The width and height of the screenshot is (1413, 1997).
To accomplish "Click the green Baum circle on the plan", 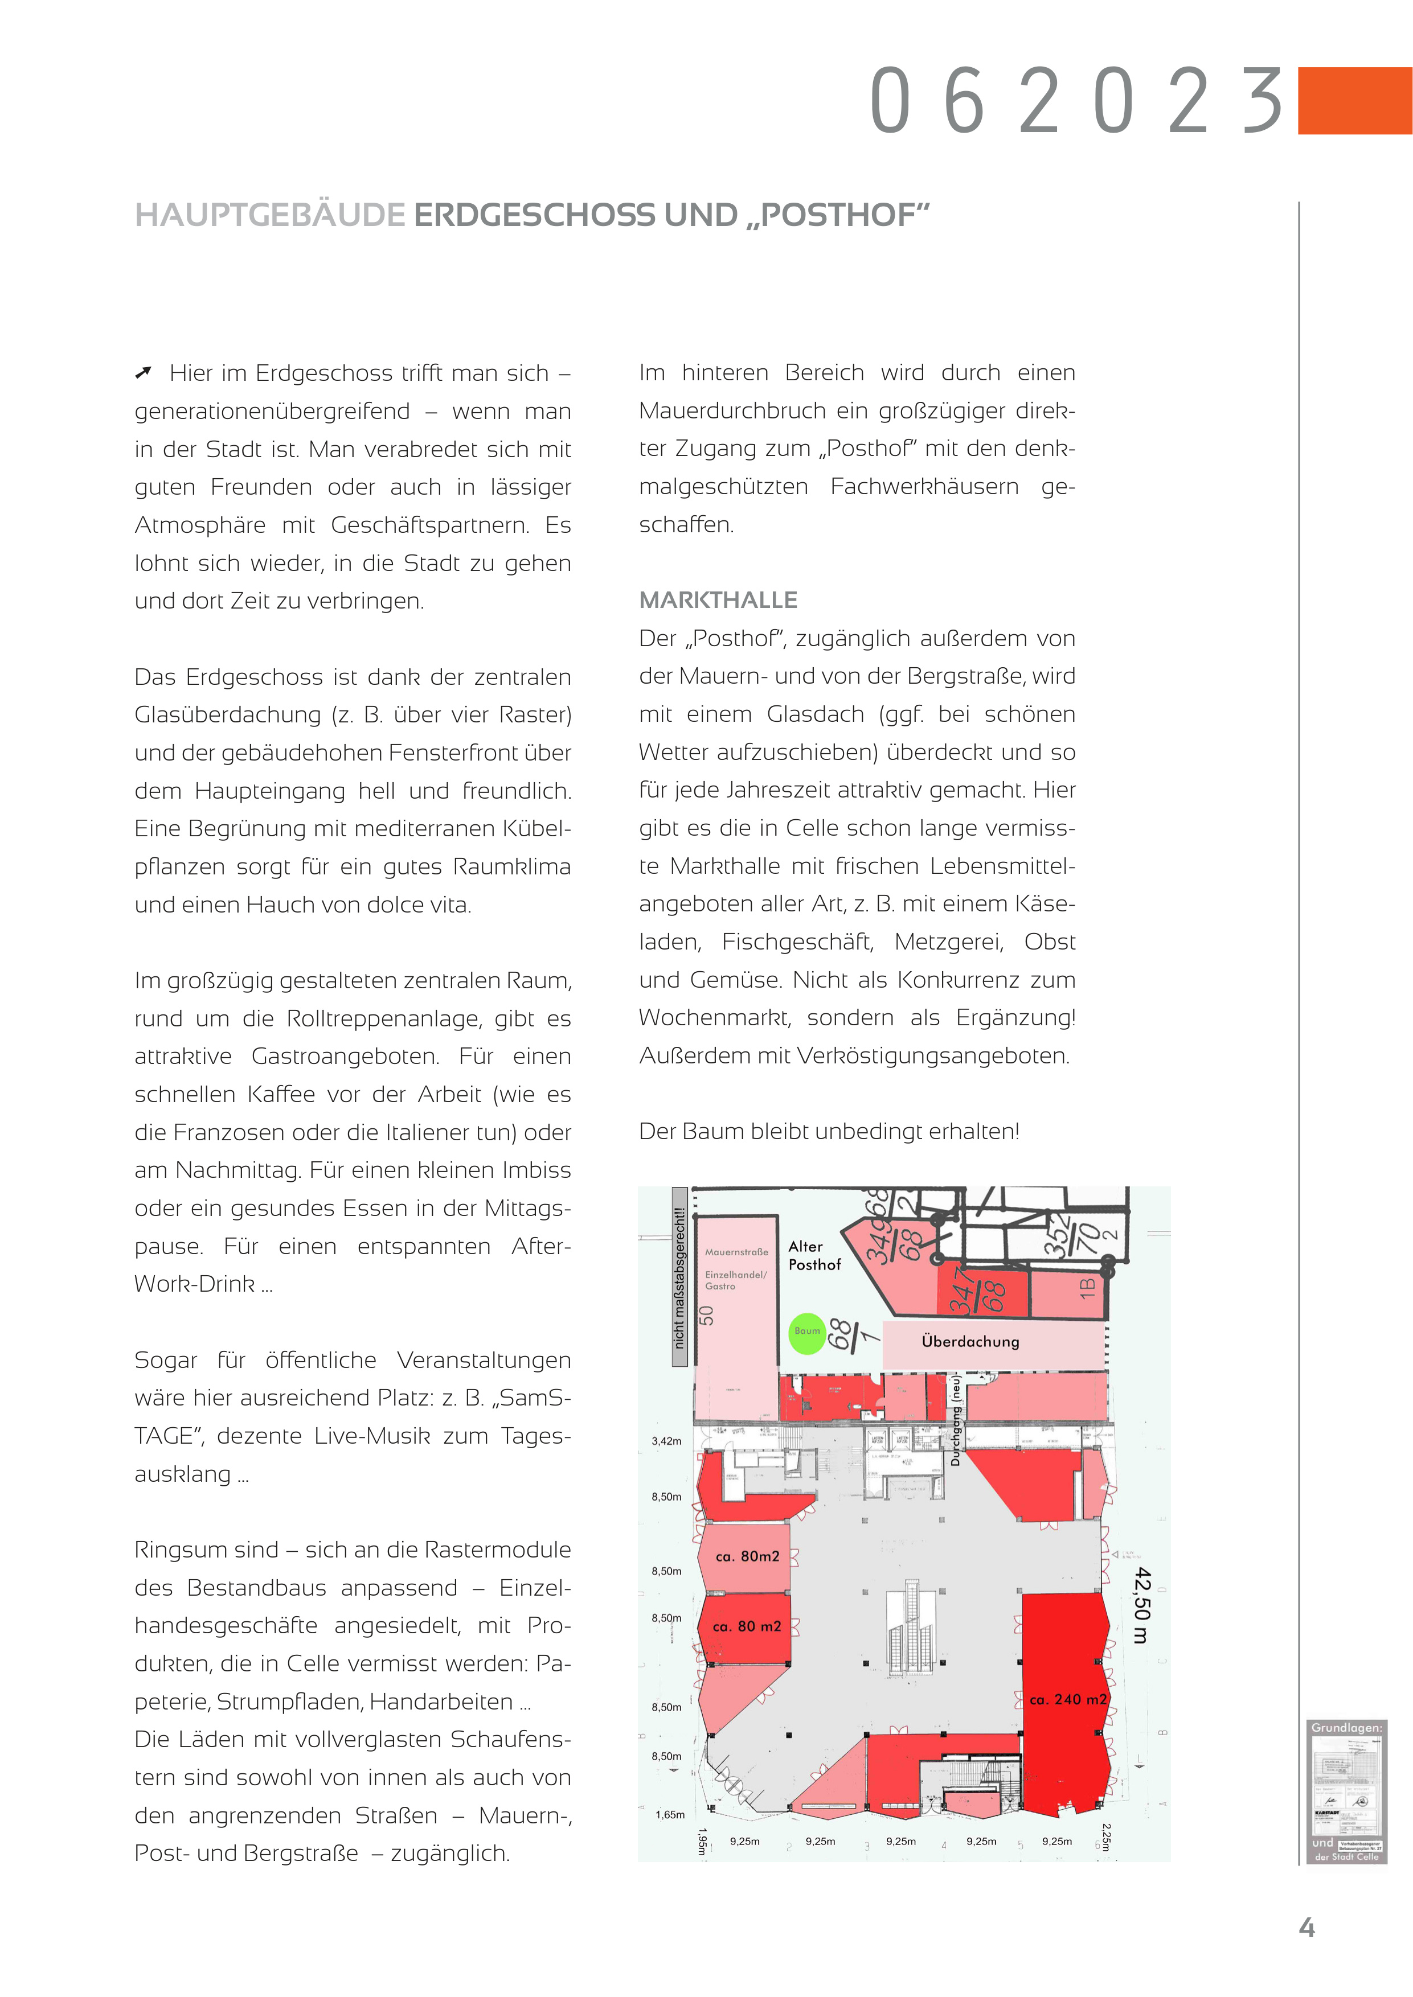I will (806, 1333).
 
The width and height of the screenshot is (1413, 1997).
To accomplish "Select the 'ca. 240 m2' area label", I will (1067, 1699).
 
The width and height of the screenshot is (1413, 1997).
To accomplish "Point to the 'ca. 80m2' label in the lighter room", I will (747, 1556).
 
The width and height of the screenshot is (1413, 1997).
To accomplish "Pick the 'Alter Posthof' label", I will (814, 1256).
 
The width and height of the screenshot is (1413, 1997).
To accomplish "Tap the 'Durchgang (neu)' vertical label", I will (955, 1419).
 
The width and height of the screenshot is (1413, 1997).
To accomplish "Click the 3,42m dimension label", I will (666, 1441).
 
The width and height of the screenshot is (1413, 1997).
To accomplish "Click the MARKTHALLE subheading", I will (718, 600).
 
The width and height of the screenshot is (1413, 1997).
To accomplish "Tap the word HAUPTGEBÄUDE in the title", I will (271, 215).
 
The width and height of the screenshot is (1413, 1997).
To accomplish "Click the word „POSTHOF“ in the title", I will (838, 215).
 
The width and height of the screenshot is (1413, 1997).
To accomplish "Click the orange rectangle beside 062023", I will (1354, 101).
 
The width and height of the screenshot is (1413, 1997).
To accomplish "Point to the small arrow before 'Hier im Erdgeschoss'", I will (144, 373).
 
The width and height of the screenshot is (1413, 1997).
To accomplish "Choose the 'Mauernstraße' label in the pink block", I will (736, 1252).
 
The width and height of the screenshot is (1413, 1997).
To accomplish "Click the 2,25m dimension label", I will (1106, 1837).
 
